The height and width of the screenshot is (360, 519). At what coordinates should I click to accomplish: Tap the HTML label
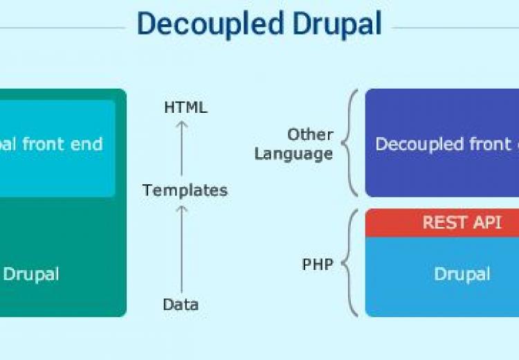click(185, 107)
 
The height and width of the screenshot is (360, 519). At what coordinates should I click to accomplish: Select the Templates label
click(185, 190)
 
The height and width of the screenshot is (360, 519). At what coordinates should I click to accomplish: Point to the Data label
click(181, 304)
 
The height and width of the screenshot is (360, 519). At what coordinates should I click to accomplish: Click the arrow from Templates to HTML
click(181, 148)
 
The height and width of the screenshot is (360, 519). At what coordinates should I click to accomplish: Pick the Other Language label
click(294, 144)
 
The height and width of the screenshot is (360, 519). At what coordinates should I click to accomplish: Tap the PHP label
click(318, 264)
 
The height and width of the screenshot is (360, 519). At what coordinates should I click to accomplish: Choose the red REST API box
click(443, 223)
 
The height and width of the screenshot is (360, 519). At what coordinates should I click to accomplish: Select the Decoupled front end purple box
click(443, 143)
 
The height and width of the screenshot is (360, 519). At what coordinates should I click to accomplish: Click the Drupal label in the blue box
click(462, 273)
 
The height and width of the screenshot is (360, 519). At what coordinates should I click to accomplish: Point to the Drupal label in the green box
click(32, 273)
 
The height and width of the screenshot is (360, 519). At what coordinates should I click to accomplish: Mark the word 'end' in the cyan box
click(88, 144)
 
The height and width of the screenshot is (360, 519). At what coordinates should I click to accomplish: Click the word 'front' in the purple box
click(485, 144)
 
